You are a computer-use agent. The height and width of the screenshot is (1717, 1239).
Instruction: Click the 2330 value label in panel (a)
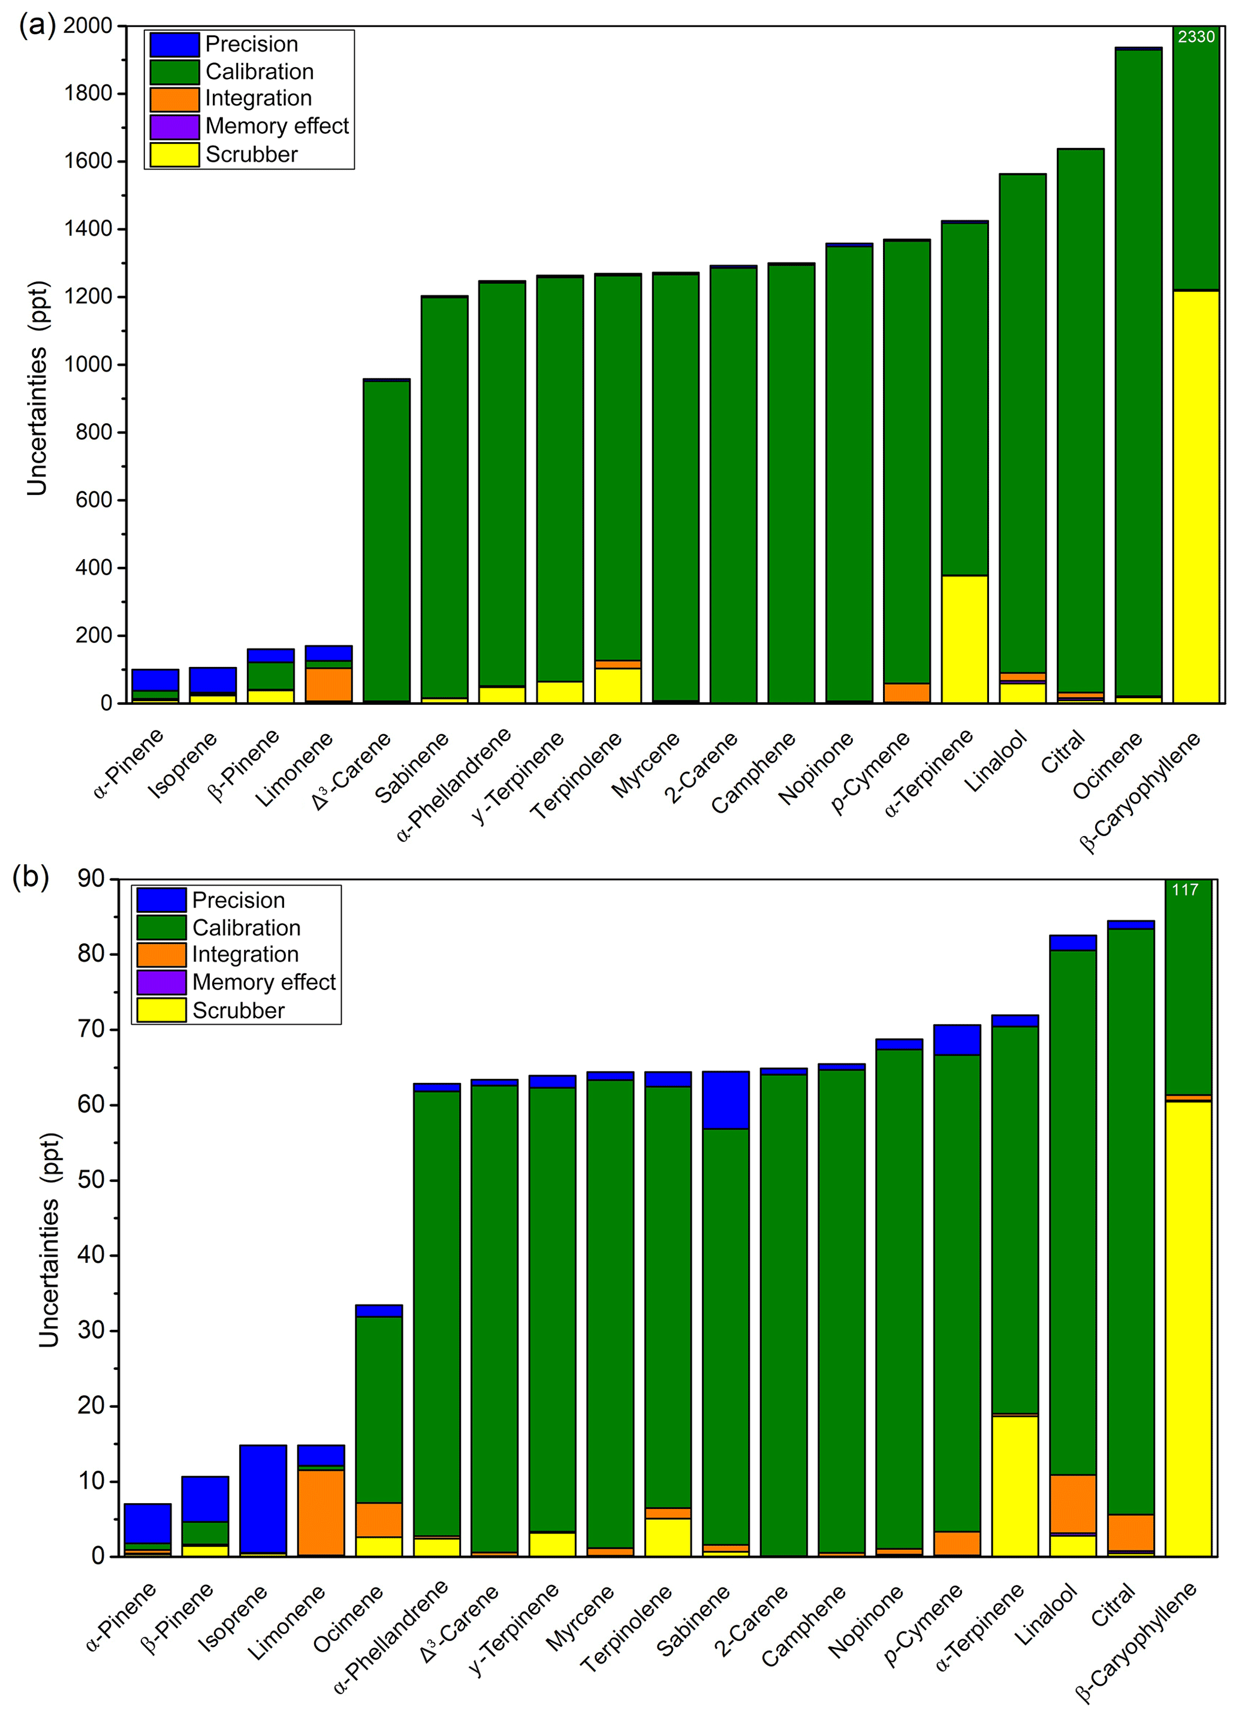tap(1196, 37)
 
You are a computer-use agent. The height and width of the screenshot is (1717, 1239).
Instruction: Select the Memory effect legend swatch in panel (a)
tap(174, 126)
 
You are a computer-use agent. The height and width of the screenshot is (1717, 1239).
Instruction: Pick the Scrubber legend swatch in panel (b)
tap(161, 1010)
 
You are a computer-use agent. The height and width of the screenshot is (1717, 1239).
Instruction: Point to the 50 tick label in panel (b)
tap(91, 1180)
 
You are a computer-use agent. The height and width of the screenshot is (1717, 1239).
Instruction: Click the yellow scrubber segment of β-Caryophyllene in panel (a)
tap(1196, 496)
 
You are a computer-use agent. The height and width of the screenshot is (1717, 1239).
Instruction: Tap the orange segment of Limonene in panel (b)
tap(321, 1513)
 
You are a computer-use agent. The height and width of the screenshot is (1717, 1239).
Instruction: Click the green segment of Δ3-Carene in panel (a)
tap(386, 541)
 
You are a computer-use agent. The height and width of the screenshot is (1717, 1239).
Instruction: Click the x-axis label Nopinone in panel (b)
tap(866, 1620)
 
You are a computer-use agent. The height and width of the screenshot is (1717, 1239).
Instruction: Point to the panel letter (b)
tap(31, 877)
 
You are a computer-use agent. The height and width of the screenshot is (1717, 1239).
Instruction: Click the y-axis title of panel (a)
tap(38, 388)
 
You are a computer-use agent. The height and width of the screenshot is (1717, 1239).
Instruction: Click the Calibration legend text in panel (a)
tap(259, 72)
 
